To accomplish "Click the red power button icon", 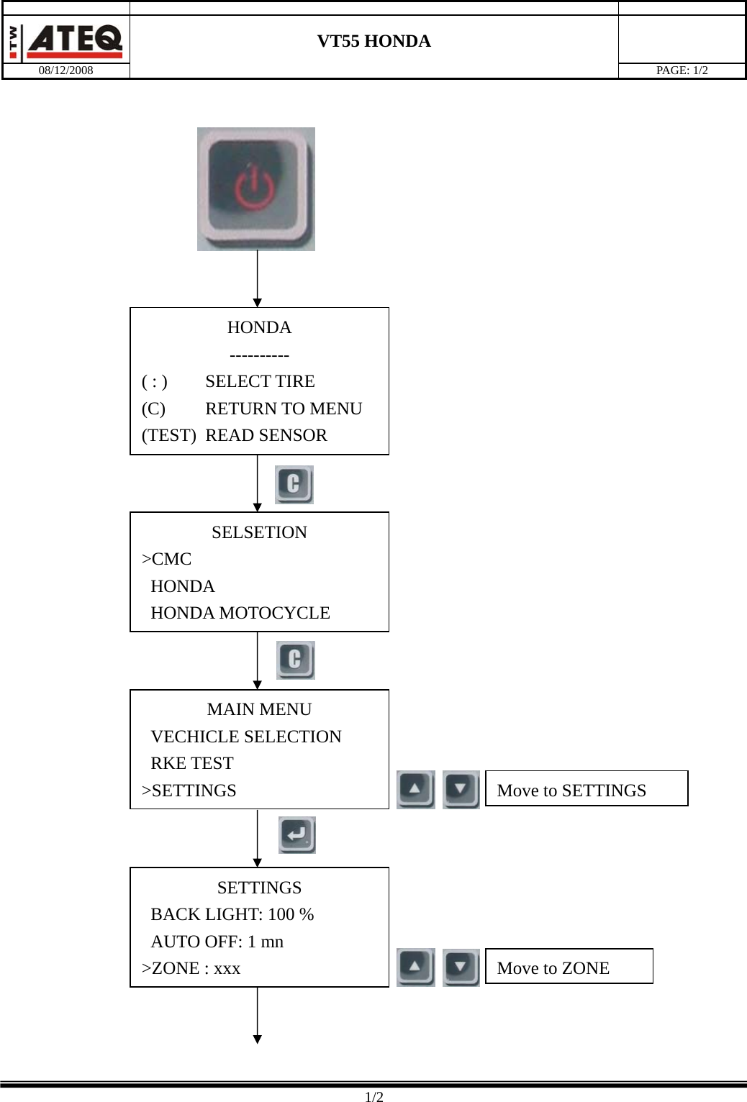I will (255, 188).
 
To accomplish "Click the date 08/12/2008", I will (65, 70).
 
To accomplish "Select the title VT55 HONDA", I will (373, 41).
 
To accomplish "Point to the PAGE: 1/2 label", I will (681, 70).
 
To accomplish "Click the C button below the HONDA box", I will (294, 484).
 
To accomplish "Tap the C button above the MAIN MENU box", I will (295, 660).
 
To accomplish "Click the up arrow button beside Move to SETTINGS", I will (415, 790).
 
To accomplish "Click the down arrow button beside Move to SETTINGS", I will (461, 790).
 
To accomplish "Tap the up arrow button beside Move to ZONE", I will (415, 967).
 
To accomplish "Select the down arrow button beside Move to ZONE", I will (461, 967).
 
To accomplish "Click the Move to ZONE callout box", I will (569, 967).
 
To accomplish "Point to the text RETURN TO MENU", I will (283, 409).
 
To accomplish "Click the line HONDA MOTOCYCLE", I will (240, 613).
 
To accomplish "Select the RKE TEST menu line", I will (191, 763).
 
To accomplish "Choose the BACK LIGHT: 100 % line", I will (232, 914).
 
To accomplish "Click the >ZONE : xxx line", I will (191, 968).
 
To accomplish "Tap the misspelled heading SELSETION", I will (259, 532).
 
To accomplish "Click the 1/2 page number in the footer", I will (373, 1097).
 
